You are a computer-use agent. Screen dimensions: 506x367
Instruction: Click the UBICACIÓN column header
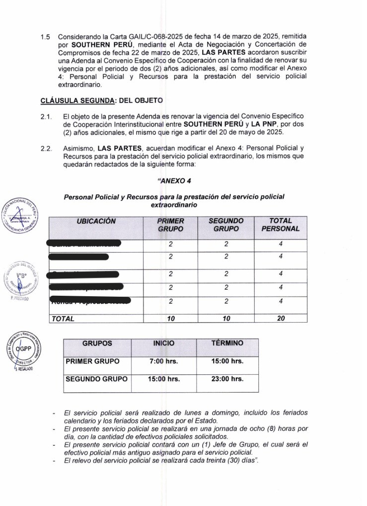[x=96, y=221]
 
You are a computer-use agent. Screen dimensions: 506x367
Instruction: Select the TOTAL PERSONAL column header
[x=281, y=225]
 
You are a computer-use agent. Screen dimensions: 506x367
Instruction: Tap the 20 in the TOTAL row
[x=281, y=319]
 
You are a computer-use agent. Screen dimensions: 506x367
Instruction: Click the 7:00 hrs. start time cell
[x=164, y=361]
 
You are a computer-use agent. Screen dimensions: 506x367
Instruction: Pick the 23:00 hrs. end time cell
[x=227, y=379]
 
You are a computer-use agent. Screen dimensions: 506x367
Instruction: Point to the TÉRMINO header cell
[x=227, y=343]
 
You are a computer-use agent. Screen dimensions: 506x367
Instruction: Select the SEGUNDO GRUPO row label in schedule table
[x=96, y=379]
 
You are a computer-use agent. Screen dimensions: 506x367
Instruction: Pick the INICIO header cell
[x=164, y=343]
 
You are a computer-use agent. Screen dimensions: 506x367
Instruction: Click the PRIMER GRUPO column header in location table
[x=170, y=225]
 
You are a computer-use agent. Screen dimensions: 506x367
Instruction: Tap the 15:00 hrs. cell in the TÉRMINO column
[x=227, y=361]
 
